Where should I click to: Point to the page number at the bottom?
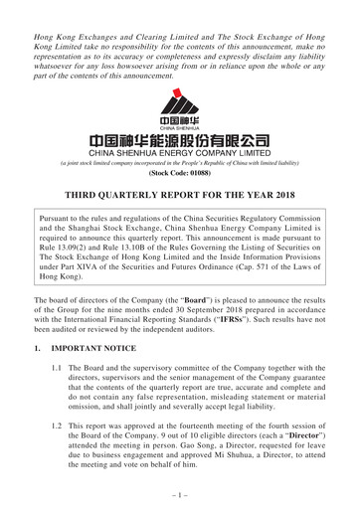coord(179,494)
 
